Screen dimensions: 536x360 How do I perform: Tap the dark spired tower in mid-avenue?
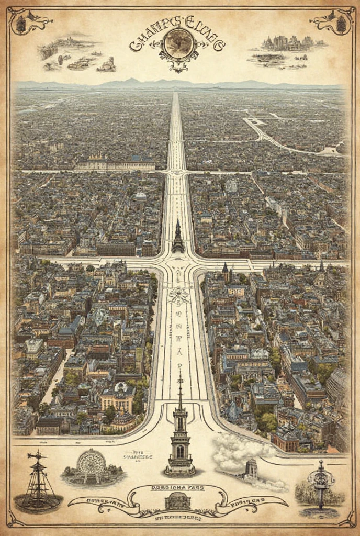tap(178, 238)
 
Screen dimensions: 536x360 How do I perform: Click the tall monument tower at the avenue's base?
tap(179, 434)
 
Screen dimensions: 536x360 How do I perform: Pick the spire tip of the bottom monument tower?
tap(179, 373)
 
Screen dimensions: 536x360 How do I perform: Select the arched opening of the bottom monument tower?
tap(179, 451)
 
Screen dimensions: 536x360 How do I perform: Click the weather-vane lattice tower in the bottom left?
tap(38, 482)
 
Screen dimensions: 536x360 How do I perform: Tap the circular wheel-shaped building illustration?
tap(91, 464)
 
